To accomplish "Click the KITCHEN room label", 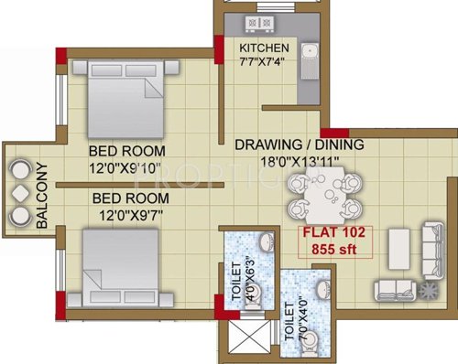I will point(264,48).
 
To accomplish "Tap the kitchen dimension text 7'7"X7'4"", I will point(264,63).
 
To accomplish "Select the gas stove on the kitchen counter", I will point(259,22).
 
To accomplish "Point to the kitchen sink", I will point(309,62).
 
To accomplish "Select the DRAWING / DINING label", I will point(299,145).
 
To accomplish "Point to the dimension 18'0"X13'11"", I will point(299,162).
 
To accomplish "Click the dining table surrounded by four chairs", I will point(321,198).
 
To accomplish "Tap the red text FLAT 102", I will point(335,231).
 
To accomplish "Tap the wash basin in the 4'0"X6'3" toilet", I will point(265,243).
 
